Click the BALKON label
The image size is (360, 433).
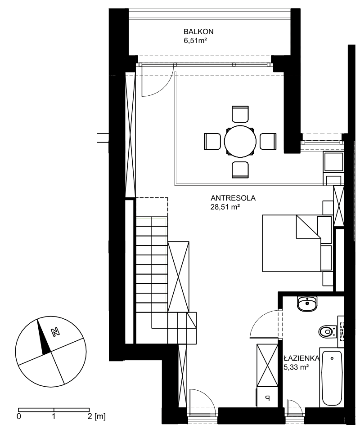point(198,31)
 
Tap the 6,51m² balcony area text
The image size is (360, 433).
point(195,40)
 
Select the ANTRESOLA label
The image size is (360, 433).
point(233,198)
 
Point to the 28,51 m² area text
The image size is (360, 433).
point(225,207)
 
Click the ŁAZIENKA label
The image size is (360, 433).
point(301,358)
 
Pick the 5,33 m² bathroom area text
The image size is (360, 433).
point(296,367)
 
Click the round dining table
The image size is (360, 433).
point(240,141)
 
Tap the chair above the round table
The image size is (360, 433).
point(240,114)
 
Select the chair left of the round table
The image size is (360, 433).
point(212,141)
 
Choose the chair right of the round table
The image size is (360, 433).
point(268,141)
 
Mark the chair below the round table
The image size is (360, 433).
point(240,170)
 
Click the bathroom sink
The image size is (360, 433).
point(307,304)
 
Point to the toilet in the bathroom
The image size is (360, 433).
point(328,331)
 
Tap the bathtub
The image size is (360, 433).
point(332,378)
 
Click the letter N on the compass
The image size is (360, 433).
point(56,332)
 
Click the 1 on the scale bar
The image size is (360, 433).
point(54,416)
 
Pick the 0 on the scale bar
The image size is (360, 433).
point(19,416)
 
